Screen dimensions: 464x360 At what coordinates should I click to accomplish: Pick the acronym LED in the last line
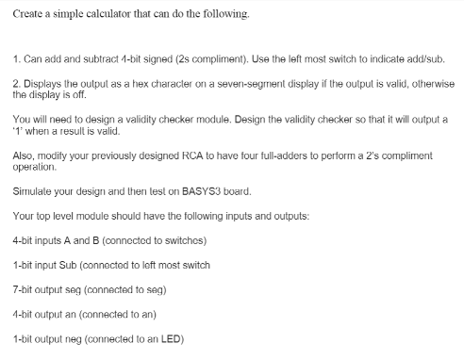coord(171,338)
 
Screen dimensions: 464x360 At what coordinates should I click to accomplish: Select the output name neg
coord(74,338)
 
